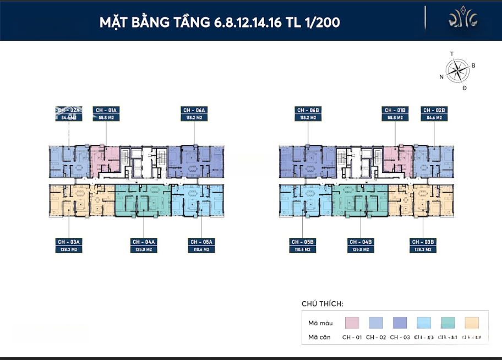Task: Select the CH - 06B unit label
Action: (x=308, y=113)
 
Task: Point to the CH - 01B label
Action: (x=395, y=113)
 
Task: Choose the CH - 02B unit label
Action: (x=434, y=113)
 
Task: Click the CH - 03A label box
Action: (x=69, y=245)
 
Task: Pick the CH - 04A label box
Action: (x=144, y=245)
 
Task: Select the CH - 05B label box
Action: (x=303, y=245)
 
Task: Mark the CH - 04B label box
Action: (x=361, y=245)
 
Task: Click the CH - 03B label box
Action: (x=423, y=245)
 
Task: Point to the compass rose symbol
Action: (x=456, y=70)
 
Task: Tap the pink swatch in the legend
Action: (x=352, y=323)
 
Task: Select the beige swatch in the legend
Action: (x=472, y=323)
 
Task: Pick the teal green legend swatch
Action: (x=448, y=323)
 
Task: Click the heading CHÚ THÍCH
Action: (x=323, y=304)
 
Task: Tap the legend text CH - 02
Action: (x=376, y=337)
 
